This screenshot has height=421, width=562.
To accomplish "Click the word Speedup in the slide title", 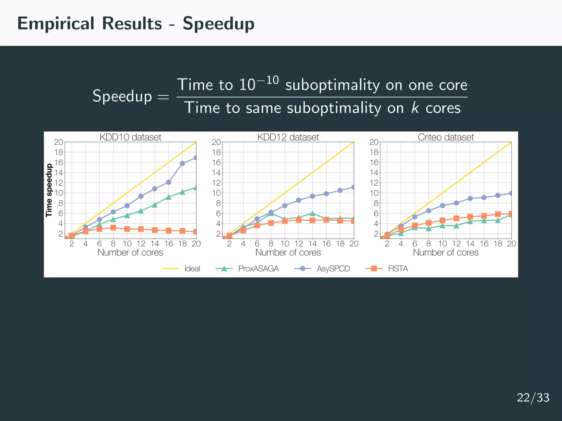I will click(x=218, y=24).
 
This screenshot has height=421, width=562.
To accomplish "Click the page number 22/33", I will click(x=533, y=398).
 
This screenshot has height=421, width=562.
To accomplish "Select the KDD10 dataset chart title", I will click(x=130, y=137).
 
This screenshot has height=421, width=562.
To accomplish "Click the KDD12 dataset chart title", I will click(x=288, y=137).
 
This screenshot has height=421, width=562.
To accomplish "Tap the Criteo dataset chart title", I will click(x=446, y=137).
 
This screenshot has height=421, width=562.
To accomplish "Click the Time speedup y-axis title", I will click(x=49, y=190).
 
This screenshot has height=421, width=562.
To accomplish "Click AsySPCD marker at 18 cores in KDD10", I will click(x=182, y=163).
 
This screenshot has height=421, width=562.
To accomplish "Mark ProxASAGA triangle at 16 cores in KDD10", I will click(x=168, y=197).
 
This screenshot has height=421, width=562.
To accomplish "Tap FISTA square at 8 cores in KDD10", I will click(x=113, y=227).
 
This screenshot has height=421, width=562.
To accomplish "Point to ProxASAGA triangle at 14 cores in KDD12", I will click(x=312, y=213).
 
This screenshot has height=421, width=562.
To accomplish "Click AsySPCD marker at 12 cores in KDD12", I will click(x=299, y=200).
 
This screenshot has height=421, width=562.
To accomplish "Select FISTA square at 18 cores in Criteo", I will click(x=498, y=214).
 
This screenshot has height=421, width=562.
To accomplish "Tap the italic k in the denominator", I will click(x=415, y=108).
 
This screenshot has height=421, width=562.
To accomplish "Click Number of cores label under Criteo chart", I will click(x=446, y=252).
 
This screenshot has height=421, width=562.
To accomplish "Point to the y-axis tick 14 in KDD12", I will click(x=216, y=173).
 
